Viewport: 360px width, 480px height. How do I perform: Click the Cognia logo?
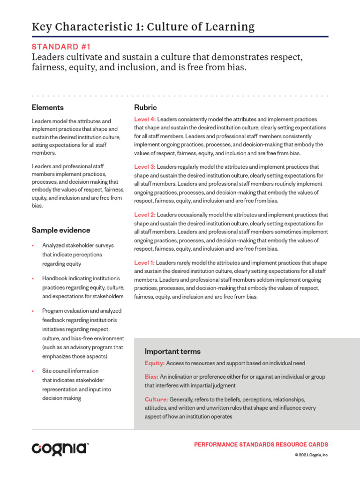tap(60, 449)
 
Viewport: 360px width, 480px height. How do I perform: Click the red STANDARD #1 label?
tap(61, 46)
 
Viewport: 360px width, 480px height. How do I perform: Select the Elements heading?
tap(48, 107)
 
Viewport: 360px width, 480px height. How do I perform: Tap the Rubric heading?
tap(145, 107)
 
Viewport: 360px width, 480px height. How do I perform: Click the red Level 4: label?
tap(145, 120)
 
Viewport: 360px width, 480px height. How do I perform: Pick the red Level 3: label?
tap(145, 167)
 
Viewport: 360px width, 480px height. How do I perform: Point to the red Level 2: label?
tap(145, 215)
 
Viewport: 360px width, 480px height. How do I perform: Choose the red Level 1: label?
tap(145, 263)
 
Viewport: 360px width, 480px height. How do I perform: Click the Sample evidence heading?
tap(61, 230)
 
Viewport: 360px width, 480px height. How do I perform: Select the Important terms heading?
tap(172, 351)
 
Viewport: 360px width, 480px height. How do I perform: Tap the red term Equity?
tap(155, 363)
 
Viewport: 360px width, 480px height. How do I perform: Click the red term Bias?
tap(151, 377)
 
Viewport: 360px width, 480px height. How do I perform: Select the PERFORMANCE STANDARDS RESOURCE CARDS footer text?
tap(261, 444)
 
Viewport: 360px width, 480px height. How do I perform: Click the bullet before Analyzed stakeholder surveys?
tap(33, 246)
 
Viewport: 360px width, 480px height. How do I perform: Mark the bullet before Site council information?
tap(33, 371)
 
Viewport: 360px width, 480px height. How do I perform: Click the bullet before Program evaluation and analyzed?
tap(33, 311)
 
